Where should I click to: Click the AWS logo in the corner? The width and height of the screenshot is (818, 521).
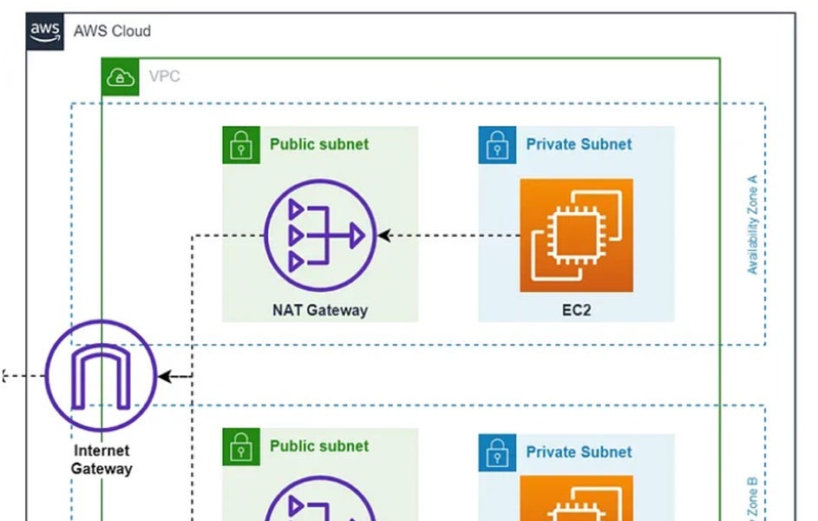44,31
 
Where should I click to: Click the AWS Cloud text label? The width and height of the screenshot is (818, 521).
112,31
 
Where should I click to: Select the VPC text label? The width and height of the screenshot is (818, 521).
165,76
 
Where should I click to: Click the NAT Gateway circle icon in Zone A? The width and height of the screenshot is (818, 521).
319,235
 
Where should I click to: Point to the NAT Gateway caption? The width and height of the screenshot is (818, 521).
319,310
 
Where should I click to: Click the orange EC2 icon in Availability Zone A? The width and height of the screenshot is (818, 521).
576,235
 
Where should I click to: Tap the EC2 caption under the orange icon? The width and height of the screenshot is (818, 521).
576,310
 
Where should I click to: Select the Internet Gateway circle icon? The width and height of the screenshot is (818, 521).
101,376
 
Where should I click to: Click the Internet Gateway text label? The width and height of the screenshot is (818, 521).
101,459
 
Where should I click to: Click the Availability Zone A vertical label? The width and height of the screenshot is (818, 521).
752,225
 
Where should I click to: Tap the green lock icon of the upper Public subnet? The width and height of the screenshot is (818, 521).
240,145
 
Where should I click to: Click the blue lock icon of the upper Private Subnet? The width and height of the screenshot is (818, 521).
497,145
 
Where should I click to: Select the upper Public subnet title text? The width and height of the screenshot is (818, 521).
318,144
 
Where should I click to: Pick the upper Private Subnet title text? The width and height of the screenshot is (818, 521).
579,144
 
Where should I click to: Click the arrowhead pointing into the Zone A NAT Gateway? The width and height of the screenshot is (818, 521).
383,235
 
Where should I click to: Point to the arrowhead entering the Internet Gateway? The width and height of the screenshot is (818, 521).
165,377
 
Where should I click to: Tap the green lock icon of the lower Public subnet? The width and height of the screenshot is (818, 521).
240,446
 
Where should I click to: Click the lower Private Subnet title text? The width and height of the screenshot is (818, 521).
579,452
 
